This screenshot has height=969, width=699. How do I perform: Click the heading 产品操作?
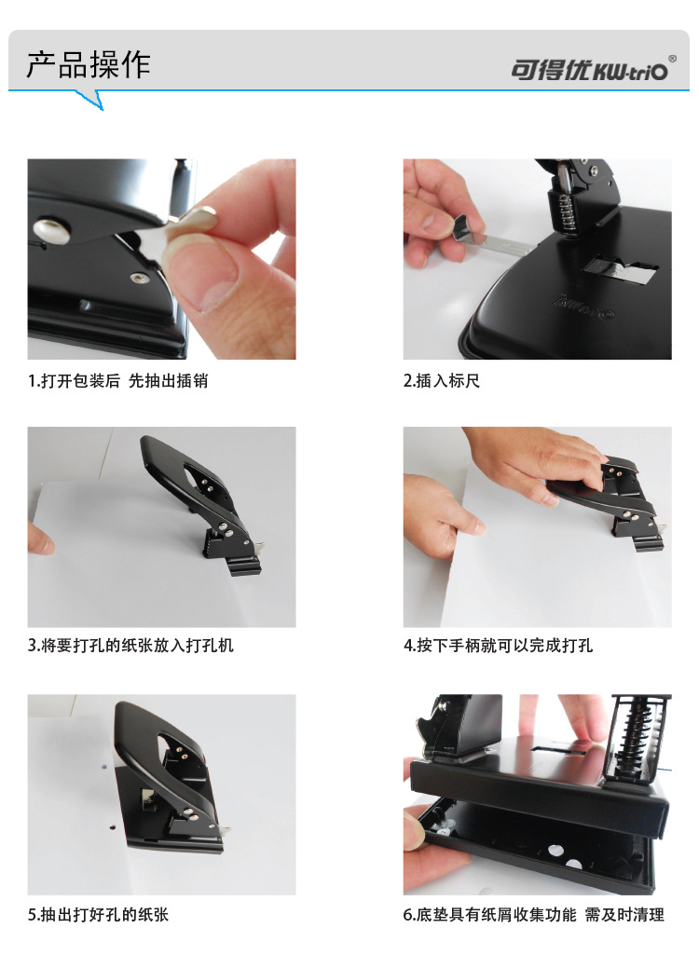(89, 65)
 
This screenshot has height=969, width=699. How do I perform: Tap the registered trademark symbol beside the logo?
(672, 59)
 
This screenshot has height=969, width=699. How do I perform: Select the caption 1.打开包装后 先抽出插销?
(117, 381)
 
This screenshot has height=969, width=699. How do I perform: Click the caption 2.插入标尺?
(441, 381)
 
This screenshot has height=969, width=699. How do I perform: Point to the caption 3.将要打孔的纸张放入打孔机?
(130, 645)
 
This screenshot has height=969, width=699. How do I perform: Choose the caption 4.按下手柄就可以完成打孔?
(498, 645)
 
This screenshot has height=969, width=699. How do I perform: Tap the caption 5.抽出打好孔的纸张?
(98, 914)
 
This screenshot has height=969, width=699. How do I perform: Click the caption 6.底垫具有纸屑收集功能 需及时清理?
(534, 914)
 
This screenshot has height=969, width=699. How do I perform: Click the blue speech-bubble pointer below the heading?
(90, 100)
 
